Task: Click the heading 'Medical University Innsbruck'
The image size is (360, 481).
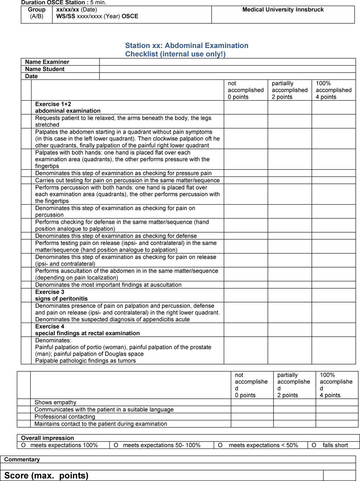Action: click(283, 10)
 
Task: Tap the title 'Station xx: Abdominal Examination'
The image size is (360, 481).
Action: click(187, 46)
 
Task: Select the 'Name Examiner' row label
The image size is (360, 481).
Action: click(47, 62)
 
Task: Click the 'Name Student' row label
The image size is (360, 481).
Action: click(45, 69)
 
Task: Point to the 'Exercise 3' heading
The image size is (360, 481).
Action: click(50, 292)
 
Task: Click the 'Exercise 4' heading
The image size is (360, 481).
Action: click(50, 326)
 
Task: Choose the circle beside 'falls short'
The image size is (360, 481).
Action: click(314, 445)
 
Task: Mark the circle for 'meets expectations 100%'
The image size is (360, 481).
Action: click(23, 445)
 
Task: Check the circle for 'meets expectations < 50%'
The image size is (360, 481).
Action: click(220, 445)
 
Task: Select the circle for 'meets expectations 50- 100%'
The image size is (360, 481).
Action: click(116, 445)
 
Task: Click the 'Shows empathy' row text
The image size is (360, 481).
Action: click(55, 402)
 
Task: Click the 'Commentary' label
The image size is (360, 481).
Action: click(22, 459)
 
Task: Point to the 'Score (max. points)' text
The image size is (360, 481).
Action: click(46, 475)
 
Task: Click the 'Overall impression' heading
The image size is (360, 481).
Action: click(48, 438)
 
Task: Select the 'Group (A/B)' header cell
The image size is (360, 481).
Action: click(37, 13)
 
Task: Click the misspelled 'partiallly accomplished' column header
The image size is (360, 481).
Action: click(289, 90)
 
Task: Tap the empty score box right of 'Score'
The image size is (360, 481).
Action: click(339, 475)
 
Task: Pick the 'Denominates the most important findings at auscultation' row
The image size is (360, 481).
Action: click(108, 285)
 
